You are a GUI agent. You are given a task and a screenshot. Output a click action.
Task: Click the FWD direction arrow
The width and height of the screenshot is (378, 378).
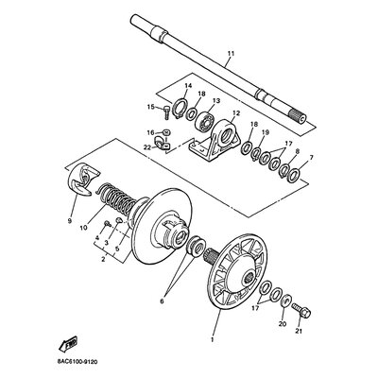(x=68, y=345)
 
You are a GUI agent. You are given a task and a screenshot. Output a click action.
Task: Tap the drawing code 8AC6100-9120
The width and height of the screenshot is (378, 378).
(x=77, y=362)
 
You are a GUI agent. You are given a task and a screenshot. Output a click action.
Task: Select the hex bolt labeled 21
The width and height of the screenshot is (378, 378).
(x=301, y=310)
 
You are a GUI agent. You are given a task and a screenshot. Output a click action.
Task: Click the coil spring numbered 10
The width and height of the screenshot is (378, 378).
(x=116, y=199)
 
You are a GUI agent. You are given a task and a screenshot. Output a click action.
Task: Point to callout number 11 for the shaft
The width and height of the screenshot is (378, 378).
(x=231, y=54)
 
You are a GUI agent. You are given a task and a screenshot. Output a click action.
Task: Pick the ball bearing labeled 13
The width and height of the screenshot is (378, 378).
(x=204, y=120)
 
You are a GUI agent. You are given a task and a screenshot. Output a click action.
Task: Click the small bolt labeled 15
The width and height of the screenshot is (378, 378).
(x=166, y=112)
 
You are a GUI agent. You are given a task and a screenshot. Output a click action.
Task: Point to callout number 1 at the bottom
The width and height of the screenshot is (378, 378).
(x=213, y=340)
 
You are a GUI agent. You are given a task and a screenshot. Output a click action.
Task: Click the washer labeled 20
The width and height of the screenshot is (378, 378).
(x=286, y=301)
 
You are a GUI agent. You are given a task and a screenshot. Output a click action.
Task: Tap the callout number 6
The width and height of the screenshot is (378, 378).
(x=162, y=301)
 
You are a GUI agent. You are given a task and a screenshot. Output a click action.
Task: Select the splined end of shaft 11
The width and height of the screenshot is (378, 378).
(x=298, y=116)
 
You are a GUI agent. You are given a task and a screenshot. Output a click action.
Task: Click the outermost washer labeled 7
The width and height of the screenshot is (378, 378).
(x=295, y=174)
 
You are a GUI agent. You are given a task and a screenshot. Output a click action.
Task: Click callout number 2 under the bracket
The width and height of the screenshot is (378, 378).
(x=103, y=260)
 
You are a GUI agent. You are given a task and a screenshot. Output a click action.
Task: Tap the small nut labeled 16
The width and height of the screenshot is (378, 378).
(x=166, y=131)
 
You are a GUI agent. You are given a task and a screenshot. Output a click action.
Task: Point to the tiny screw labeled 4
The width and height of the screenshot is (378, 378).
(x=108, y=224)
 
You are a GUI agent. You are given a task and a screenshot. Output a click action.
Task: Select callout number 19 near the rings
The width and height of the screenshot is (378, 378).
(x=266, y=132)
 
